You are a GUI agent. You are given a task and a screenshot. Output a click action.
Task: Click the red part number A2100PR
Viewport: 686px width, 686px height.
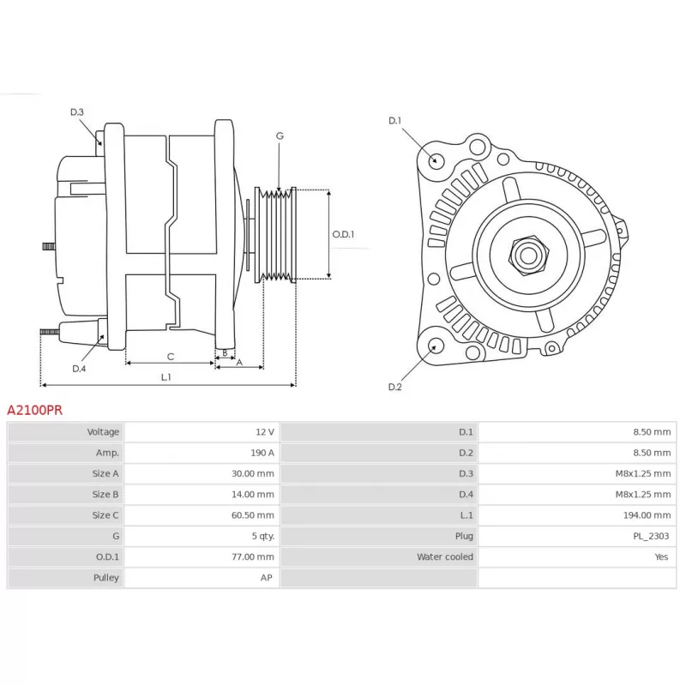(34, 410)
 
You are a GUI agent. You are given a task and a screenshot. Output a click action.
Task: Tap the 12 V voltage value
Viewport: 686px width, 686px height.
(265, 432)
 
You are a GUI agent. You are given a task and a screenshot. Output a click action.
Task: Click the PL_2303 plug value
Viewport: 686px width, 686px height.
(651, 536)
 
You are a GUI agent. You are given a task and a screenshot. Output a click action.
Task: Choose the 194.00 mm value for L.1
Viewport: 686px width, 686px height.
(647, 515)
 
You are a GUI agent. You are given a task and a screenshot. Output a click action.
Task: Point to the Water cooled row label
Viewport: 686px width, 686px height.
(445, 557)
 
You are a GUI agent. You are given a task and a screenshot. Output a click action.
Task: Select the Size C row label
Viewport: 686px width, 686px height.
(105, 515)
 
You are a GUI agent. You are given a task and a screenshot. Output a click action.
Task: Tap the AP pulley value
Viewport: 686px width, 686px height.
(267, 577)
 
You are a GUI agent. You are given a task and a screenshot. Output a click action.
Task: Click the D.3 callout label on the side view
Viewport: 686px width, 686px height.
(77, 112)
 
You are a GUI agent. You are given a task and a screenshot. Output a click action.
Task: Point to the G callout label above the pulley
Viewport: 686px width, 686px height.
(280, 136)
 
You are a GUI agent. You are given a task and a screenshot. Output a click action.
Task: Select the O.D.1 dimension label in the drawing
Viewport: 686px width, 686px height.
(343, 234)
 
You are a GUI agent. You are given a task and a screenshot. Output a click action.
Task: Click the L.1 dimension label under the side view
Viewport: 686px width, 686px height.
(165, 377)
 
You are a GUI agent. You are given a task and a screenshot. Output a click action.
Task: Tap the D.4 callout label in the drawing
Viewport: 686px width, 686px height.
(79, 369)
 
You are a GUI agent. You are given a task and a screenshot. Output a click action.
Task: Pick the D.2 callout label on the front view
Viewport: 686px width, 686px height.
(395, 387)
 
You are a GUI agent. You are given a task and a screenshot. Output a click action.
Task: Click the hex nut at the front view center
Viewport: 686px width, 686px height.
(528, 256)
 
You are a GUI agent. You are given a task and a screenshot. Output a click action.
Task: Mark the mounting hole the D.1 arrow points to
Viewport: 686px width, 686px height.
(435, 160)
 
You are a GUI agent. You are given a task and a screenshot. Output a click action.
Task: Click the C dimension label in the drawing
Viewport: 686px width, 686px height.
(171, 357)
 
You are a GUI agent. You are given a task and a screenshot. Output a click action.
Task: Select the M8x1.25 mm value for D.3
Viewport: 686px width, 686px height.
(642, 473)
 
